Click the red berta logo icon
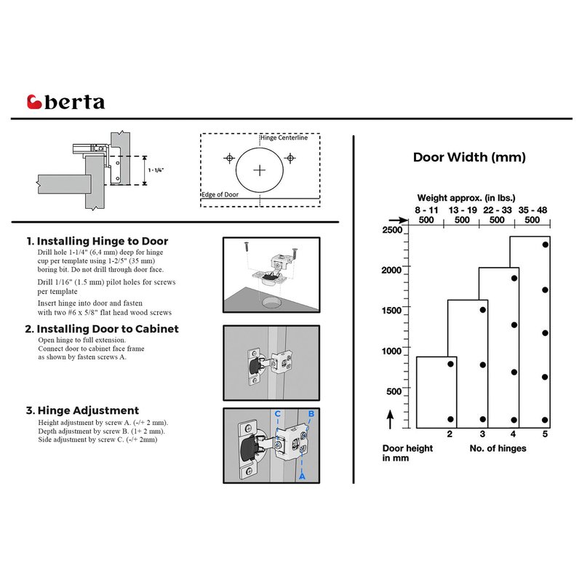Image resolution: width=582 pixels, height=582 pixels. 34,102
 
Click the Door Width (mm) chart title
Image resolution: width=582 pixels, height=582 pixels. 469,157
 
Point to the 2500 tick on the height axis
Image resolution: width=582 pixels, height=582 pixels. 392,230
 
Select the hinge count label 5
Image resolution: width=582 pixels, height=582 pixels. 545,435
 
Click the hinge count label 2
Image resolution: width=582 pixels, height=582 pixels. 450,435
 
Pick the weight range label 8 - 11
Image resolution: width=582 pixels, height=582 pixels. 426,210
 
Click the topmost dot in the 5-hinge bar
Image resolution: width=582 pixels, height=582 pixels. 545,245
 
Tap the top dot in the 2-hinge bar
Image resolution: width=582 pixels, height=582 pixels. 450,363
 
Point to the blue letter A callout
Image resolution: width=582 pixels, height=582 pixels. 303,476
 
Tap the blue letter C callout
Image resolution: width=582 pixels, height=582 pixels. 277,414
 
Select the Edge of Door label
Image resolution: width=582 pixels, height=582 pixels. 220,195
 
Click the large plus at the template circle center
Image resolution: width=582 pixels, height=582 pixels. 259,170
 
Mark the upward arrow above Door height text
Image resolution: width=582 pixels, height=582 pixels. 390,419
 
